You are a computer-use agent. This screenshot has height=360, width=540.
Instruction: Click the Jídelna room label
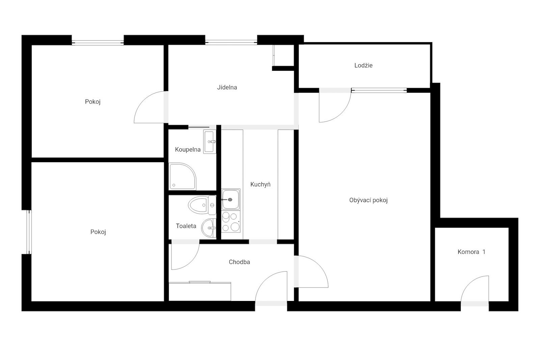(x=227, y=87)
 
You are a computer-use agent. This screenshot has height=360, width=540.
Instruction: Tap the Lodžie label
(x=363, y=65)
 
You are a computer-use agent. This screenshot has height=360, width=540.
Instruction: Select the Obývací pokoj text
(x=368, y=200)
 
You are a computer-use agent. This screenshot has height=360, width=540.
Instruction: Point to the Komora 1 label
(x=471, y=252)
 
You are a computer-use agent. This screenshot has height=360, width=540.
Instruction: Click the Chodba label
(x=239, y=262)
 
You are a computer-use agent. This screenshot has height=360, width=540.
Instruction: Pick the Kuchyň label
(x=260, y=184)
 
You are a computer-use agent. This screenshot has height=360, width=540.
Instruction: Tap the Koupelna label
(x=188, y=149)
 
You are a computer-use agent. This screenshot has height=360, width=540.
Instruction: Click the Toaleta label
(x=186, y=226)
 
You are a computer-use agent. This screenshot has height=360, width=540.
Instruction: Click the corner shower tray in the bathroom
(x=183, y=176)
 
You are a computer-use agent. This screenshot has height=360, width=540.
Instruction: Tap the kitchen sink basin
(x=231, y=199)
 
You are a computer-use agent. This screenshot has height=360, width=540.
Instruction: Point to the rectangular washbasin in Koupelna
(x=210, y=142)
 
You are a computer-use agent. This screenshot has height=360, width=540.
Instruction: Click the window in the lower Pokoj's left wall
(x=29, y=232)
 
